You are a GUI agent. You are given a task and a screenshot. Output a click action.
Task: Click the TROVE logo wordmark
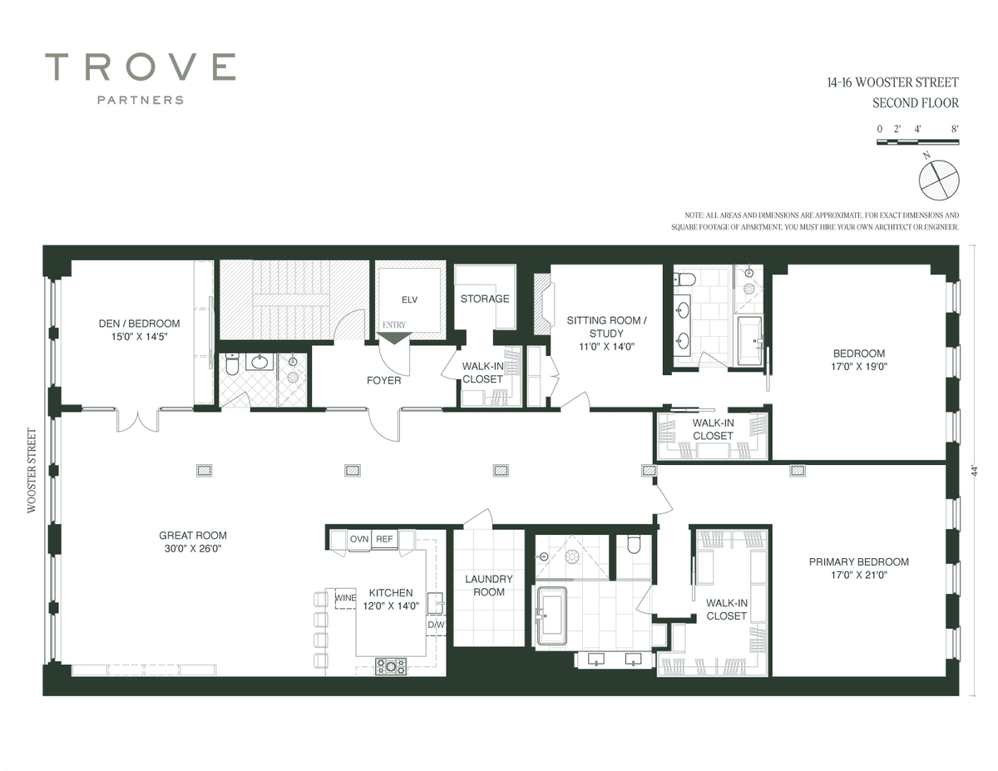tap(140, 67)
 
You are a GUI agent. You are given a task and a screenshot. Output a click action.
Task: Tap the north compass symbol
tap(939, 180)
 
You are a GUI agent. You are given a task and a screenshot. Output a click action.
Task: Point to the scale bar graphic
tap(917, 142)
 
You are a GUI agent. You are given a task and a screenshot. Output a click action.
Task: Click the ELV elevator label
tap(409, 300)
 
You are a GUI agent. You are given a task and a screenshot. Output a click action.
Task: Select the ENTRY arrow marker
tap(393, 338)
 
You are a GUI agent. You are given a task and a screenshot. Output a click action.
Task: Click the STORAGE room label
tap(485, 299)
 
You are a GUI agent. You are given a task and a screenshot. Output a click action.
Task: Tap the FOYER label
tap(383, 380)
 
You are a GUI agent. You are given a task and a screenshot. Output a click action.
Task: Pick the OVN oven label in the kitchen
tap(359, 539)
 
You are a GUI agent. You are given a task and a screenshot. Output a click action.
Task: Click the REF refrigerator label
tap(384, 539)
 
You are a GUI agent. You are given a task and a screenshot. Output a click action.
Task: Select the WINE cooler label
tap(345, 598)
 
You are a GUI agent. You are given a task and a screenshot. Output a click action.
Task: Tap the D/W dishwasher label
tap(436, 625)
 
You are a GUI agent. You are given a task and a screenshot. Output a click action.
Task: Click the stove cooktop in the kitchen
tap(391, 666)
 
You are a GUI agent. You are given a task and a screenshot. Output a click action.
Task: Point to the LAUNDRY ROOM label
tap(489, 586)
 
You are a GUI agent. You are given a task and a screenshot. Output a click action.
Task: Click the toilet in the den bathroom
tap(232, 364)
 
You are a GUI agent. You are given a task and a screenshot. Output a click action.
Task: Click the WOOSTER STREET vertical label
tap(32, 470)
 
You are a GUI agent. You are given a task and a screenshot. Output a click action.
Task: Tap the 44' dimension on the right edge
tap(975, 470)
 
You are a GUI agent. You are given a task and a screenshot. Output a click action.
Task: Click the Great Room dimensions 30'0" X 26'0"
tap(193, 548)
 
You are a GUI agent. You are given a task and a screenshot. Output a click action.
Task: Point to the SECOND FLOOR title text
tap(916, 103)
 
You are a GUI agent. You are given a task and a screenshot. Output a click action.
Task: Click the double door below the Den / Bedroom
tap(138, 420)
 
